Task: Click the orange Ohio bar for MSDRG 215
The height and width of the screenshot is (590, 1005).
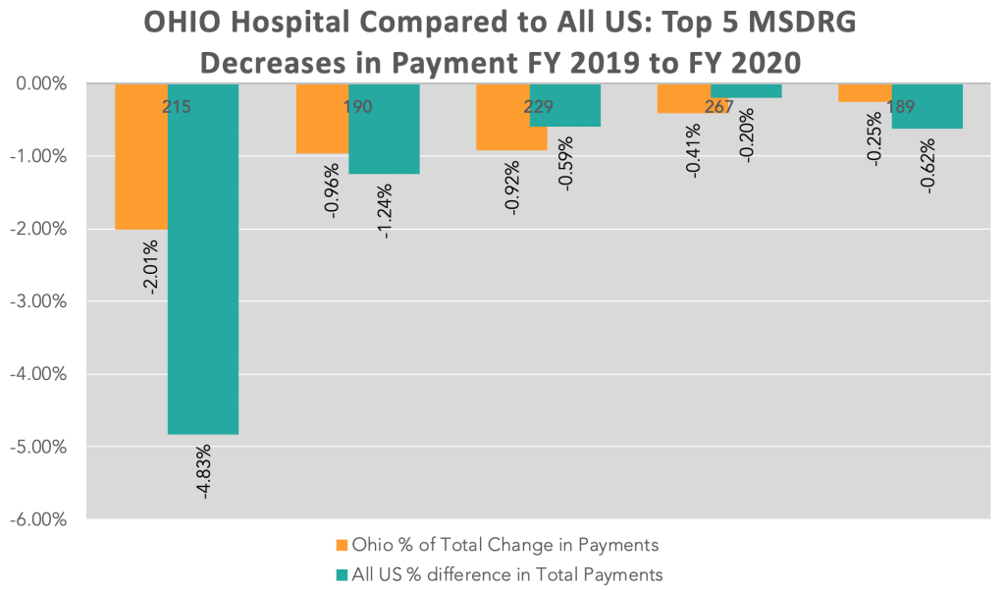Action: (141, 156)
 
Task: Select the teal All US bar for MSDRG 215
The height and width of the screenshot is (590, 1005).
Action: (203, 259)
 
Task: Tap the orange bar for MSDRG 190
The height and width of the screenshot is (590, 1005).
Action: (322, 119)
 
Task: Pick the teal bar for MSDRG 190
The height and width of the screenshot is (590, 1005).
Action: (384, 129)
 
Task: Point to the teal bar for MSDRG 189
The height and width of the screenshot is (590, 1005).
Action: (926, 106)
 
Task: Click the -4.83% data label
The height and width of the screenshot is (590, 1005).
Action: (204, 471)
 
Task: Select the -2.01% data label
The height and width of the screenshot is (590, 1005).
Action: (151, 267)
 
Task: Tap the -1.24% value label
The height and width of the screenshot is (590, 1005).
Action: (385, 212)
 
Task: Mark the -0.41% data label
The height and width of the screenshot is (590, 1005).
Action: (694, 150)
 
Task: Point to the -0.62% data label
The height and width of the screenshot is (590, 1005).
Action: (927, 166)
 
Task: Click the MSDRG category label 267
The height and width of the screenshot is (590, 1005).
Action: (718, 106)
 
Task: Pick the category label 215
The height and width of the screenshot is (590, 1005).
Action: (177, 106)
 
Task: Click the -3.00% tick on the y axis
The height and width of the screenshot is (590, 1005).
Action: (38, 301)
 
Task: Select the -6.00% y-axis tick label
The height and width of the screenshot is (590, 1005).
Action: (38, 519)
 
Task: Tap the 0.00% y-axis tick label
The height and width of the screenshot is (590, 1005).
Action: (41, 84)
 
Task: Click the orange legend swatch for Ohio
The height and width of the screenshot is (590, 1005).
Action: (342, 546)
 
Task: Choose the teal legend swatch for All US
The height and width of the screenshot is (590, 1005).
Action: (342, 575)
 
